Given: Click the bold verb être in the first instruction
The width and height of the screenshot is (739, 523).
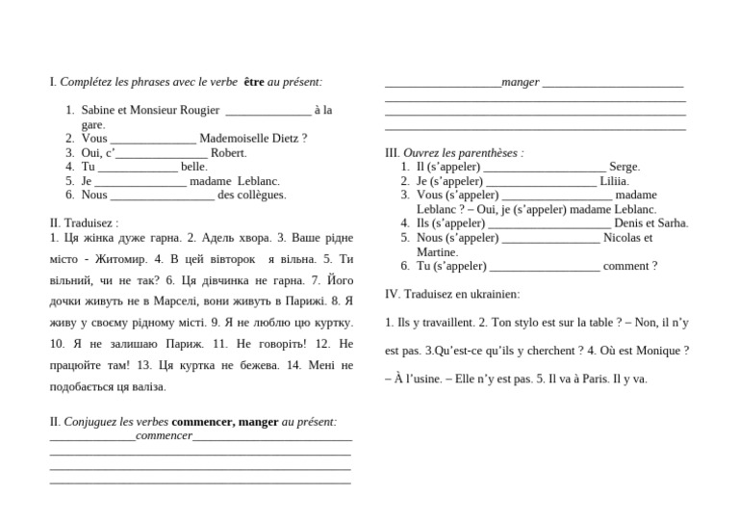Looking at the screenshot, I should (254, 83).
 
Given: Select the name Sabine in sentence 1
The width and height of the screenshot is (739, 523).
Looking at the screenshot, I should (98, 111).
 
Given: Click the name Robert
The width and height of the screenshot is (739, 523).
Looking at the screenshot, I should (228, 152).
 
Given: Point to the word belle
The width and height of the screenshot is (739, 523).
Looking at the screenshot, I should (193, 167).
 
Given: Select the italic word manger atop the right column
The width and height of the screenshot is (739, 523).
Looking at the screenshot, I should (521, 83).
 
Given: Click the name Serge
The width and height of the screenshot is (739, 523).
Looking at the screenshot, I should (624, 167).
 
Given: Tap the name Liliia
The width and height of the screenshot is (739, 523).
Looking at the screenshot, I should (614, 181).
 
